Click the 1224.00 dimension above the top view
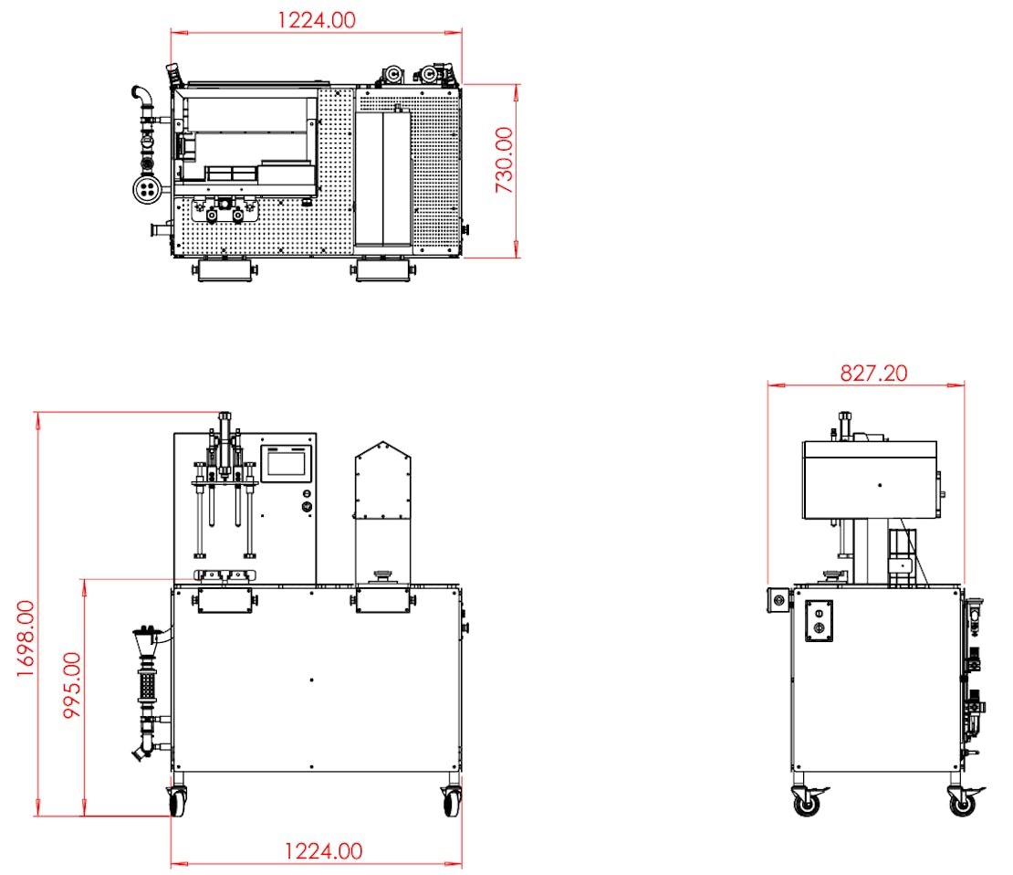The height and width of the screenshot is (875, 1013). (x=317, y=20)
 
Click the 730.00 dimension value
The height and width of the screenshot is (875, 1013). (x=504, y=160)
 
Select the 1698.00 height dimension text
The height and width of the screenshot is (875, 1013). (x=26, y=638)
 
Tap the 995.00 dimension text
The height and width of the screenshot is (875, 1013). (x=72, y=685)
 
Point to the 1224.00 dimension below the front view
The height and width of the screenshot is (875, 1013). (x=324, y=851)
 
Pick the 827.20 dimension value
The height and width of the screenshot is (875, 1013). (x=873, y=374)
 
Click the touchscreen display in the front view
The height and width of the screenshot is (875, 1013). (x=287, y=463)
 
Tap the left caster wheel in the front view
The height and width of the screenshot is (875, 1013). (x=177, y=801)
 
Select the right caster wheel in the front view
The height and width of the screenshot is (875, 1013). (x=453, y=801)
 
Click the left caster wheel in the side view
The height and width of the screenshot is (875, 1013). (x=807, y=802)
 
